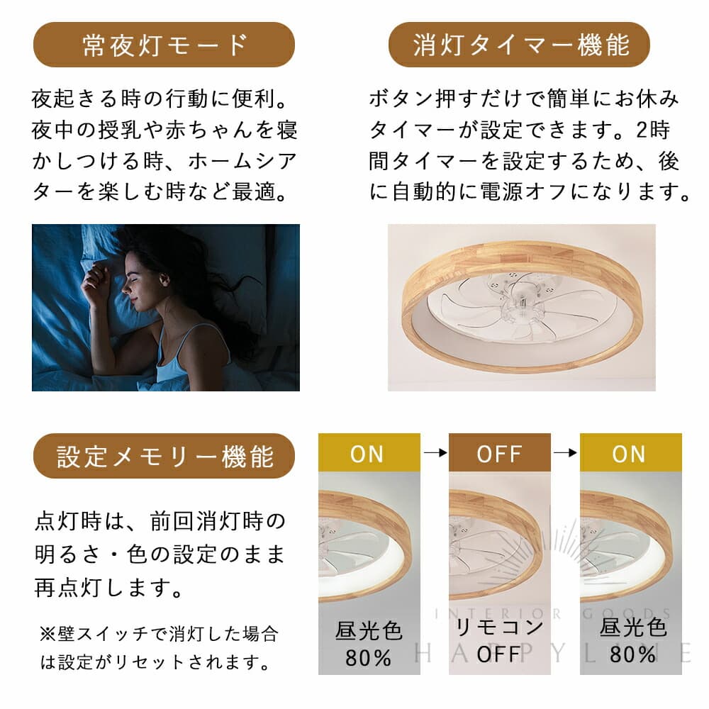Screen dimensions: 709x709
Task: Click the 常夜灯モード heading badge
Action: (164, 45)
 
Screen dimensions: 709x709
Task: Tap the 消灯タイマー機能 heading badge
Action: (519, 45)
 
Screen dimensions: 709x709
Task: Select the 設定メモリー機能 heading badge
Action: (164, 456)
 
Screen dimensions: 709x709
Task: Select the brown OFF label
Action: (499, 453)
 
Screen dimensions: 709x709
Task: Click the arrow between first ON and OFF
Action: (434, 452)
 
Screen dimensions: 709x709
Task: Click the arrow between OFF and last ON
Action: (565, 452)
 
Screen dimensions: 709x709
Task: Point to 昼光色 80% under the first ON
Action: (369, 642)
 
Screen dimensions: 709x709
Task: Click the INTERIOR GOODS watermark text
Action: (553, 614)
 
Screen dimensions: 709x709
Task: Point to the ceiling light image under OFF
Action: (499, 542)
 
